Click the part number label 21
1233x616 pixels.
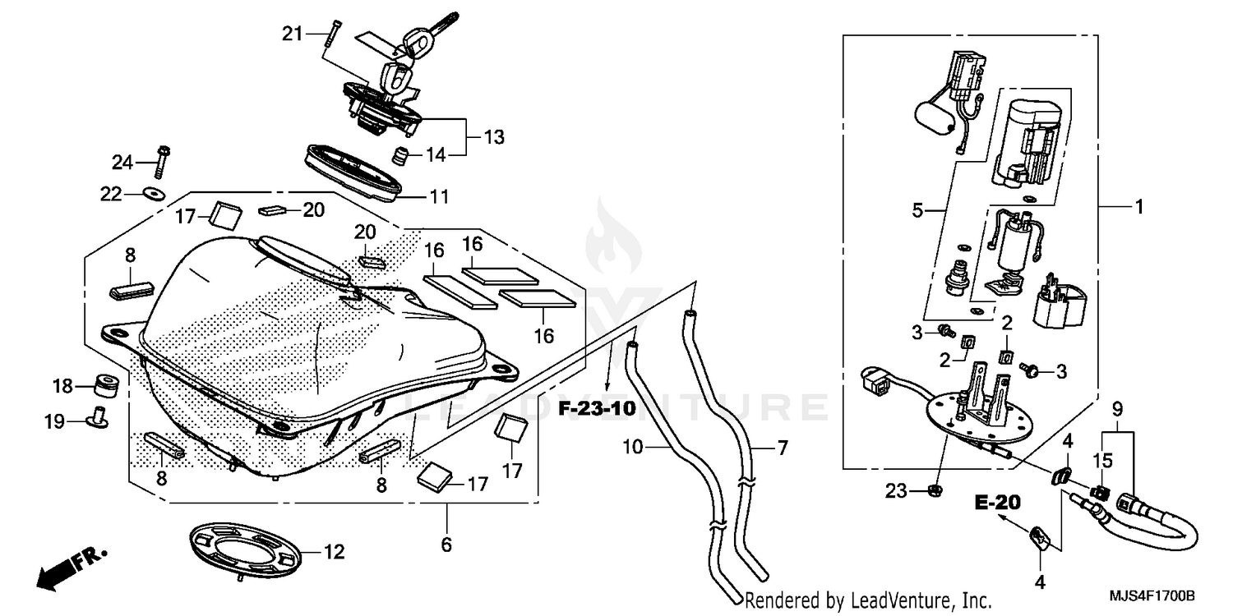(293, 34)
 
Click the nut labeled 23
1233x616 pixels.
(934, 490)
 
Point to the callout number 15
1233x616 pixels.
(1101, 461)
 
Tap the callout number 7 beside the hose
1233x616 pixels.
(782, 448)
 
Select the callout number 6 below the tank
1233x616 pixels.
(446, 545)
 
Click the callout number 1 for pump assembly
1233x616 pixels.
(1138, 209)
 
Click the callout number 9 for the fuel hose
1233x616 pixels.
(1117, 407)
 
